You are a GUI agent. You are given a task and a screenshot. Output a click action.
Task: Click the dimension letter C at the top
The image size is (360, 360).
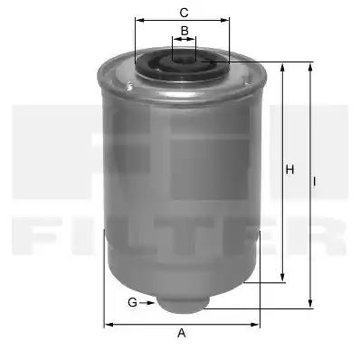(x=184, y=13)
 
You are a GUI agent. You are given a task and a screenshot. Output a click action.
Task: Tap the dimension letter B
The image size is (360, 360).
(x=185, y=31)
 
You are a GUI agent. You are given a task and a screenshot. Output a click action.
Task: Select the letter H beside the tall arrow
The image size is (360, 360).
(x=289, y=170)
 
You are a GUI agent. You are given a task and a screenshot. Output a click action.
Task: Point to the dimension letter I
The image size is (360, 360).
(x=315, y=182)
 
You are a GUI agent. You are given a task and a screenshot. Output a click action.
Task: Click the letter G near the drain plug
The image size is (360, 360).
(x=132, y=302)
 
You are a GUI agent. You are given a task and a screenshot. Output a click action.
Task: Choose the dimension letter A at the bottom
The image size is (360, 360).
(x=182, y=333)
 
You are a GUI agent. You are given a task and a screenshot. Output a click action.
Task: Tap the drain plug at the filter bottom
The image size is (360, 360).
(x=184, y=304)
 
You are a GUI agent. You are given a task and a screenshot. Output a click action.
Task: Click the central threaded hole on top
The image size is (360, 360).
(x=184, y=58)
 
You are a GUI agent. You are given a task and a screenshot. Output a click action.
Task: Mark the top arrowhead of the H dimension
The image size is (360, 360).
(x=282, y=67)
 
